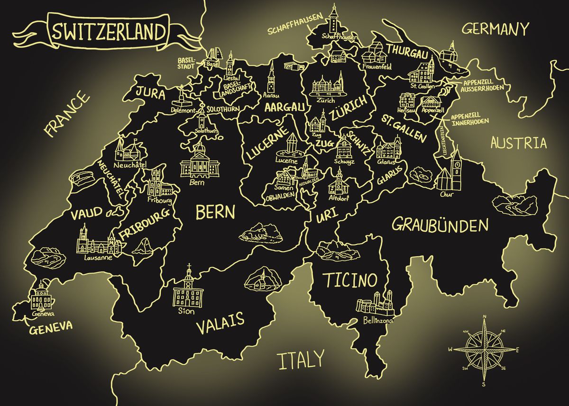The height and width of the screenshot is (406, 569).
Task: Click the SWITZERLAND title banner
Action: (109, 32)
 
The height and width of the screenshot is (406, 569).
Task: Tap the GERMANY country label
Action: (495, 29)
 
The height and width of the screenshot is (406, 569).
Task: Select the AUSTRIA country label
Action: (518, 143)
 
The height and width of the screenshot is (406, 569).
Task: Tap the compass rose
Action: (484, 350)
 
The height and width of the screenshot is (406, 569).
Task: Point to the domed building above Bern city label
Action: (200, 161)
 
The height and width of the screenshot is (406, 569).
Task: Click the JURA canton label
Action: (151, 93)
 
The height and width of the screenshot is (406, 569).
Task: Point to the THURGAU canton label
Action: (406, 52)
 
